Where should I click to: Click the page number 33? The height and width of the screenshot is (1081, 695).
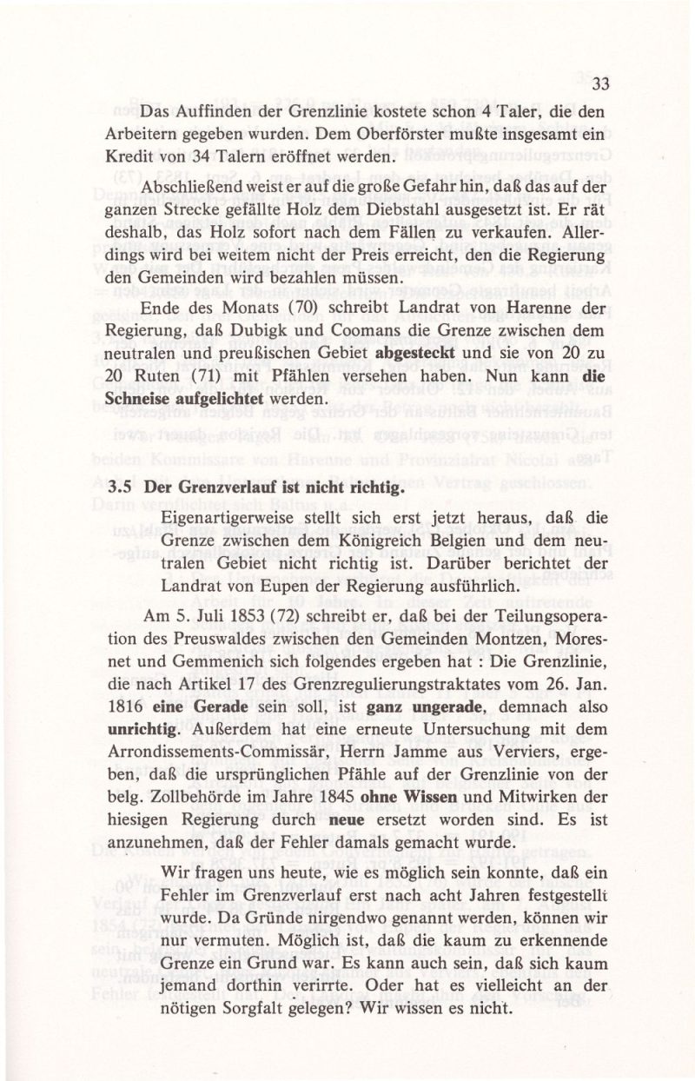coord(599,84)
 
